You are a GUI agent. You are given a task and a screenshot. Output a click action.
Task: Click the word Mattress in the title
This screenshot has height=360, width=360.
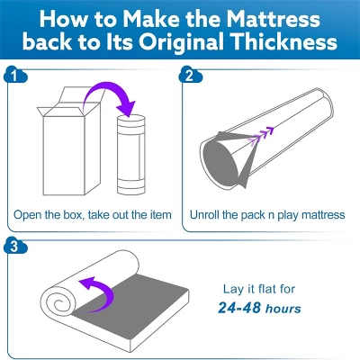coord(273,19)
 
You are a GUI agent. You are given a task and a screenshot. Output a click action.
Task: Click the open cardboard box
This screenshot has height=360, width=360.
coord(71,141)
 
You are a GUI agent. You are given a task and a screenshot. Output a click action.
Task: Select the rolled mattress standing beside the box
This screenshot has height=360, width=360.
coord(131,154)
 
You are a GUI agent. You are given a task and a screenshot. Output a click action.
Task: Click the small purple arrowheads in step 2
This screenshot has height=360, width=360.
coord(262,136)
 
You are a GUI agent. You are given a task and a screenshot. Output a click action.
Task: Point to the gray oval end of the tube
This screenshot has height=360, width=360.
coord(220,162)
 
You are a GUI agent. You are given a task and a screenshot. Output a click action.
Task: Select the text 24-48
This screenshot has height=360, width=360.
coord(239,308)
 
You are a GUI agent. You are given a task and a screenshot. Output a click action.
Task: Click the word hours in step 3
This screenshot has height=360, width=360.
coord(283,309)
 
